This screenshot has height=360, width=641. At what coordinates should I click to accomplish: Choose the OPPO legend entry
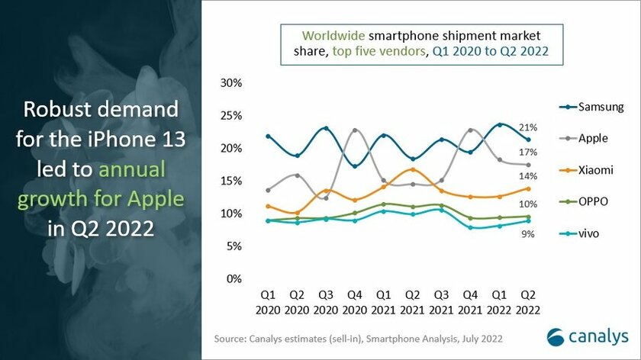(588, 202)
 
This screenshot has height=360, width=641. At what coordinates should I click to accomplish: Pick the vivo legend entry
(585, 233)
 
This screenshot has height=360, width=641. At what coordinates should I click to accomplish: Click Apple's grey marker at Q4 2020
(354, 130)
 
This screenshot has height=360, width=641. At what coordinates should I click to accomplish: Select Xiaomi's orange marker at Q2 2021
(413, 169)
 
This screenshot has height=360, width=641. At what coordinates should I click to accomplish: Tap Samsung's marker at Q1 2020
(267, 137)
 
